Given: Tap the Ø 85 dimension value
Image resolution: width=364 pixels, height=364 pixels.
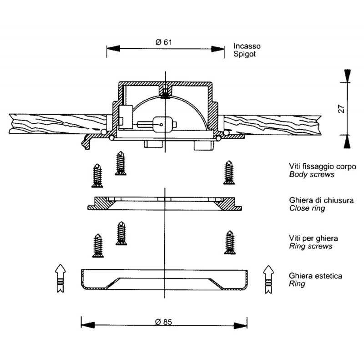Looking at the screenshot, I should point(163,322).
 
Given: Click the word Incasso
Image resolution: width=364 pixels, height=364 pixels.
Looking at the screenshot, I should point(247,46).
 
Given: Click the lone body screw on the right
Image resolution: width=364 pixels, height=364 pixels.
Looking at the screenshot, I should point(228,172).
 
